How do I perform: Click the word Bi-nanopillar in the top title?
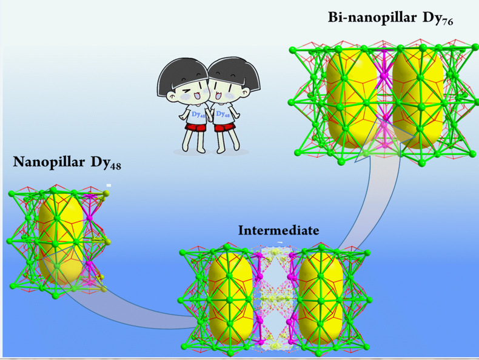372,18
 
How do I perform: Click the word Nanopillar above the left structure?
49,162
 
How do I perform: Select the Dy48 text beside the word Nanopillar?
106,162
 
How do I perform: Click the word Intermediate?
278,230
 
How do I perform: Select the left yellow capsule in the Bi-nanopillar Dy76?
352,97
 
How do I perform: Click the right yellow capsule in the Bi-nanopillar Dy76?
418,97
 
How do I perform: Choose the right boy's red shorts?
225,127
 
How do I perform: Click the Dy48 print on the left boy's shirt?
198,115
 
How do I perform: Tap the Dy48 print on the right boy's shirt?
223,114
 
